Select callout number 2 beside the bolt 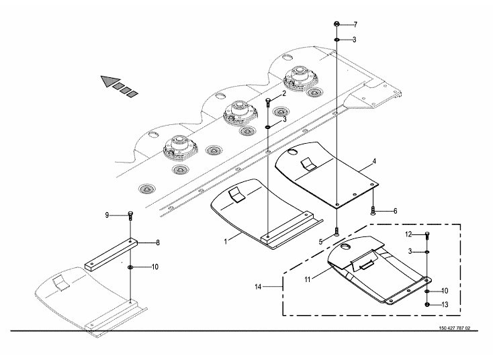283,94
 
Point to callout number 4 374,162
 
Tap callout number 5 322,240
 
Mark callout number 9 107,215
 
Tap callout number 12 408,234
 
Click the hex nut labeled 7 335,25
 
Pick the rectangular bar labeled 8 111,252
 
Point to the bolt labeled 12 427,235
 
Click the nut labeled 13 427,304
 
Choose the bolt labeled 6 373,210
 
